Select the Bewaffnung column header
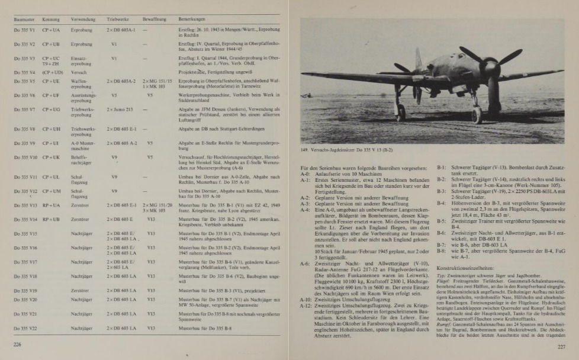click(x=150, y=20)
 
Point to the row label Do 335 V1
click(x=24, y=29)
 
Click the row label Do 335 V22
click(x=25, y=328)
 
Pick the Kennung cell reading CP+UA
click(x=51, y=29)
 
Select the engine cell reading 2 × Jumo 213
click(x=120, y=110)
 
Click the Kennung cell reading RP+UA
click(x=51, y=205)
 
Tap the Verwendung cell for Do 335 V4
click(x=79, y=72)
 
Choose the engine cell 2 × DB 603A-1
click(x=121, y=29)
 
